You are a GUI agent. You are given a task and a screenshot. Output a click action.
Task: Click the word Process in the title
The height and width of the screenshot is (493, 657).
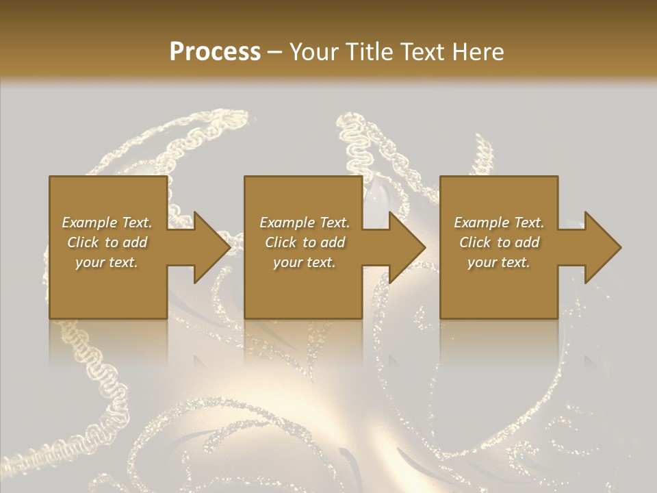[215, 51]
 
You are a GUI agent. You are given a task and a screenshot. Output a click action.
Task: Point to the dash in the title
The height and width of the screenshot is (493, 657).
[275, 52]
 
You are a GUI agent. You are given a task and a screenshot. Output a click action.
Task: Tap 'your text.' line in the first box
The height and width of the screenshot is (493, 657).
[107, 262]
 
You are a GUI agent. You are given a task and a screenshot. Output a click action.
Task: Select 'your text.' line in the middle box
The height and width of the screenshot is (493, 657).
[305, 262]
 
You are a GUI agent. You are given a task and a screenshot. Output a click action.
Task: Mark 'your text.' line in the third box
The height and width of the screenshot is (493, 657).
[499, 262]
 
